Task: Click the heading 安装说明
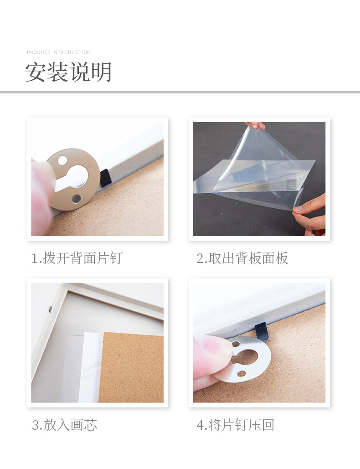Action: coord(68,72)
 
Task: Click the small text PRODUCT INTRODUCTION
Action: coord(59,52)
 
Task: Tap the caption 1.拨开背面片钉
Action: coord(77,258)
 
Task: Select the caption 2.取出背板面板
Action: coord(242,258)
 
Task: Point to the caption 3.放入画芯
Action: coord(64,425)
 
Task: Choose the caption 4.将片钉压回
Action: coord(236,425)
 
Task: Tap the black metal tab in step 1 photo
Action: coord(105,177)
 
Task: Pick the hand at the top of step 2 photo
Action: coord(255,125)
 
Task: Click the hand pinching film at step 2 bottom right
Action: coord(311,214)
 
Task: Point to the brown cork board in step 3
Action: coord(132,367)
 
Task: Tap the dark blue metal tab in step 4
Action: coord(261,331)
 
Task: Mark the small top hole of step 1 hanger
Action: coord(62,160)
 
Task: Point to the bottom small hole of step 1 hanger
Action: coord(76,199)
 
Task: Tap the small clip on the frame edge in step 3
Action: coord(50,309)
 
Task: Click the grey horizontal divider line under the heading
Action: coord(180,92)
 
